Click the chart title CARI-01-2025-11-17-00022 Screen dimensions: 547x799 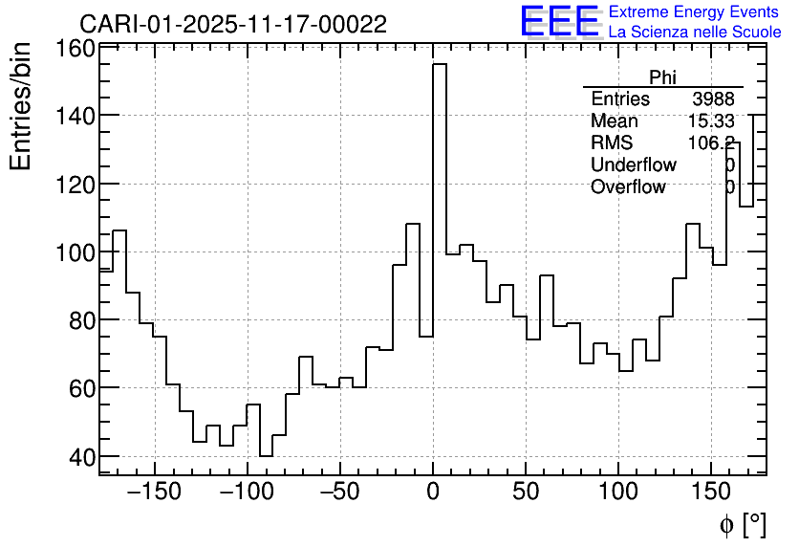233,24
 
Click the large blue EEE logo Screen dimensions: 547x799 559,22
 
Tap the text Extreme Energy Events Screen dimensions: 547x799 694,12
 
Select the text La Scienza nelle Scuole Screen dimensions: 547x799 694,32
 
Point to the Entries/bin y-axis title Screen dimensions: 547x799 20,106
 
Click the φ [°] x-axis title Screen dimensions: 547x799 742,524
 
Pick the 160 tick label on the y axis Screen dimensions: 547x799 76,48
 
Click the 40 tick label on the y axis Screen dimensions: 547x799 82,456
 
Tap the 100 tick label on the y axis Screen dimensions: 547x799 76,252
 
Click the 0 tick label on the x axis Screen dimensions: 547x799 433,492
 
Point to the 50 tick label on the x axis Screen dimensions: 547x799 526,492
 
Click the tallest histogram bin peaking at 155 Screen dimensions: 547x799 440,191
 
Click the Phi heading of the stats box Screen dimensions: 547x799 662,77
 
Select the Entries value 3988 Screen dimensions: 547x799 713,99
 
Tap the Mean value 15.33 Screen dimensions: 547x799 711,121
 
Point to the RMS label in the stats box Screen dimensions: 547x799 612,143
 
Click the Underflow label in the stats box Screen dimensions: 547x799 633,165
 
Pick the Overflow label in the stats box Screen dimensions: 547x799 628,187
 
